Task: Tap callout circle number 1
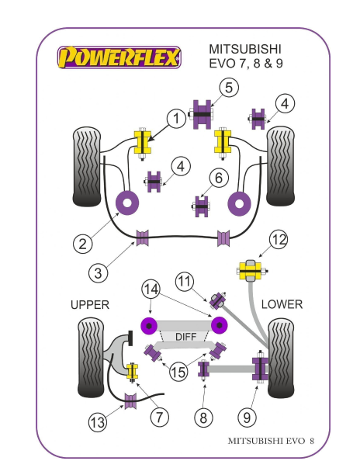177,119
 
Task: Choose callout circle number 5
227,88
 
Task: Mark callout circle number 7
160,417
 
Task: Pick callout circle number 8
203,418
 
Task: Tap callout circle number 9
247,418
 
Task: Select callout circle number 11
184,280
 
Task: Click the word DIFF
185,337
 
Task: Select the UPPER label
90,304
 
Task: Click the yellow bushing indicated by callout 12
249,272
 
